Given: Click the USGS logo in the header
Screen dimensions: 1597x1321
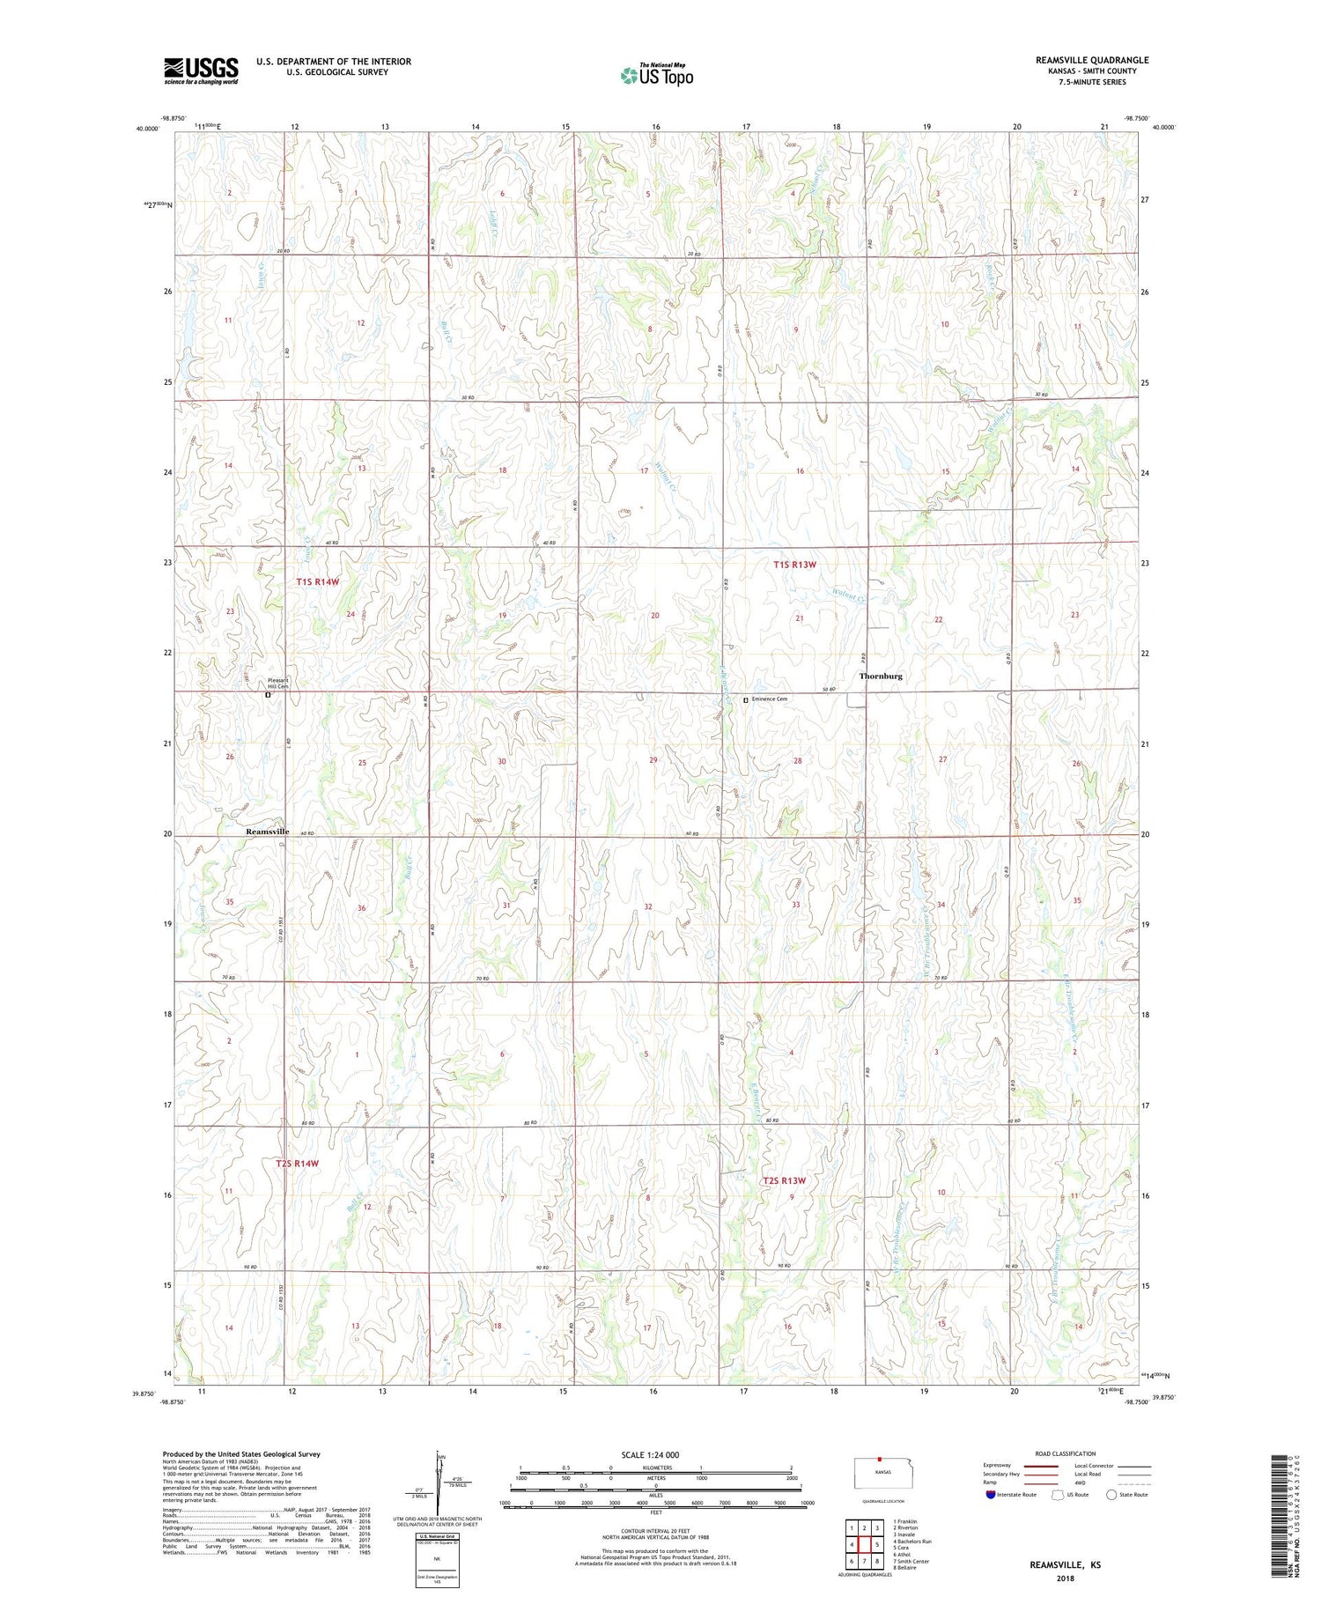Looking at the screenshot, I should pyautogui.click(x=201, y=70).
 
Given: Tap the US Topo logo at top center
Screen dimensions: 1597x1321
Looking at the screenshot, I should pyautogui.click(x=657, y=75).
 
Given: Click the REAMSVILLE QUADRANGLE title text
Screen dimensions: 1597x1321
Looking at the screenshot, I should pyautogui.click(x=1092, y=60).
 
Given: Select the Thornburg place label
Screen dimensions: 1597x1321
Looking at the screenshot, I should pyautogui.click(x=881, y=676).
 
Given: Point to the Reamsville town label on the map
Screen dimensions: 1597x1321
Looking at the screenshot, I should pyautogui.click(x=267, y=832).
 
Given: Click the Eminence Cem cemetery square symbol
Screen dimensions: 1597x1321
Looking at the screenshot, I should pyautogui.click(x=745, y=699).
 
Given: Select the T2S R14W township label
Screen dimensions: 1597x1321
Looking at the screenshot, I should pyautogui.click(x=297, y=1163).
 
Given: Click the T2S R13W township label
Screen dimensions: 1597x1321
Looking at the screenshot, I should pyautogui.click(x=784, y=1180).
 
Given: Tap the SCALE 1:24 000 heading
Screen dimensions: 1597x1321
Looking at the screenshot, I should pyautogui.click(x=651, y=1454).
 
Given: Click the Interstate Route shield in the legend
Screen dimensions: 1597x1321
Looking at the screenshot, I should pyautogui.click(x=991, y=1494).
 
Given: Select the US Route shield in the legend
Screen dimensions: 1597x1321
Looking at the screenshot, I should pyautogui.click(x=1059, y=1494).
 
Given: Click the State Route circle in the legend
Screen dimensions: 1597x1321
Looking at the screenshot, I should pyautogui.click(x=1112, y=1494).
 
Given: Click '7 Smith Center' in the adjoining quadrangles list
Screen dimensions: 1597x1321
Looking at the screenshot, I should pyautogui.click(x=911, y=1561).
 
